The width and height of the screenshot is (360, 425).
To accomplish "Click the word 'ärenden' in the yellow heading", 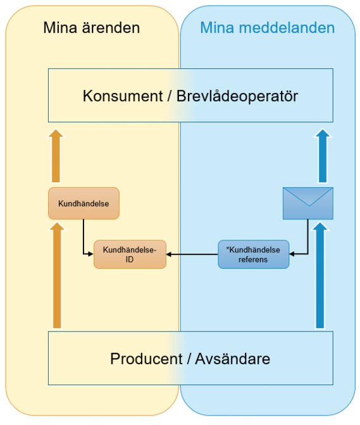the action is [111, 28].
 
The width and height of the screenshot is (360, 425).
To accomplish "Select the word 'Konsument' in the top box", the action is [123, 96].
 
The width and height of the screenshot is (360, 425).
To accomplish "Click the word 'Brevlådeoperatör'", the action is [237, 96].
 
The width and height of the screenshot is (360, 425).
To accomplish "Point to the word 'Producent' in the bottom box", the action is [146, 359].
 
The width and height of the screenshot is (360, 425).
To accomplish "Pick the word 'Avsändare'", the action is [233, 359].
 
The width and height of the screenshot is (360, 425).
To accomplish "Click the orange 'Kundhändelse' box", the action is [84, 203].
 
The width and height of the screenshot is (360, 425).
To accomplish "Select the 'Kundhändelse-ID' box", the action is [130, 254].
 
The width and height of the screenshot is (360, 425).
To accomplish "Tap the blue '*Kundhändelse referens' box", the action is [254, 254].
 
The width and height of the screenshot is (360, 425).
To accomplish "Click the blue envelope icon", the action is [308, 203].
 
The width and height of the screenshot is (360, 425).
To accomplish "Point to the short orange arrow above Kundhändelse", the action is [56, 156].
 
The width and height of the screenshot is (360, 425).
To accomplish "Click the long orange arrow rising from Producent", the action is [57, 275].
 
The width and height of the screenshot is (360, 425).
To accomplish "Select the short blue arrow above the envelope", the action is [323, 156].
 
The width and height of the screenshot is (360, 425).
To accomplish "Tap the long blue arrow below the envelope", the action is [320, 275].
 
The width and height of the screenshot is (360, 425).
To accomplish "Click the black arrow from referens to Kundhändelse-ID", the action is [192, 254].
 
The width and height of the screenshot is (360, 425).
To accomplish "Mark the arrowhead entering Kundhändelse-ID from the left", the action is [90, 254].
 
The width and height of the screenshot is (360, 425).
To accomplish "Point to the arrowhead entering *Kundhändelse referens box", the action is [292, 254].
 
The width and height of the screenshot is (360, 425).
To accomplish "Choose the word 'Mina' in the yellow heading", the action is [60, 28].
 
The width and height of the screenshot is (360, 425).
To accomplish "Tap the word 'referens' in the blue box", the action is [253, 260].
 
